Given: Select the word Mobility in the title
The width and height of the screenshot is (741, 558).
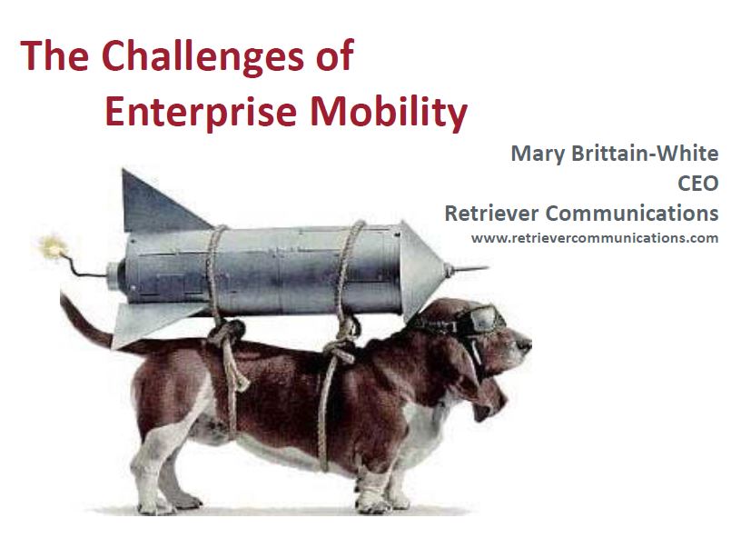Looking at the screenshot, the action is tap(389, 113).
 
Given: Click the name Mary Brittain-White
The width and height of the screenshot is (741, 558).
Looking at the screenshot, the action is tap(615, 154).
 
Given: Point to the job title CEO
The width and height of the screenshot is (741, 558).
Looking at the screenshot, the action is tap(698, 184).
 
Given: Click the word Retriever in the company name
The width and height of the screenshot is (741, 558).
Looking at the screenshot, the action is tap(491, 214).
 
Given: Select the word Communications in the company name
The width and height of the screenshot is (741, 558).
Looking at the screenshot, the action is tap(632, 214).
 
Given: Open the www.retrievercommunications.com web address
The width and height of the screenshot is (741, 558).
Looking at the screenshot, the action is tap(595, 238).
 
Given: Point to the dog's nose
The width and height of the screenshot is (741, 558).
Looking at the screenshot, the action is tap(524, 344).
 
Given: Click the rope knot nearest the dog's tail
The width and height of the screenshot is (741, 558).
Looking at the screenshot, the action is tap(227, 333).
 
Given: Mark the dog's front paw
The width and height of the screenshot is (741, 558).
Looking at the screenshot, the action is tap(373, 502).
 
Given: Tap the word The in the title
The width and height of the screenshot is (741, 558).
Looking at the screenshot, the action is tap(54, 56).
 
